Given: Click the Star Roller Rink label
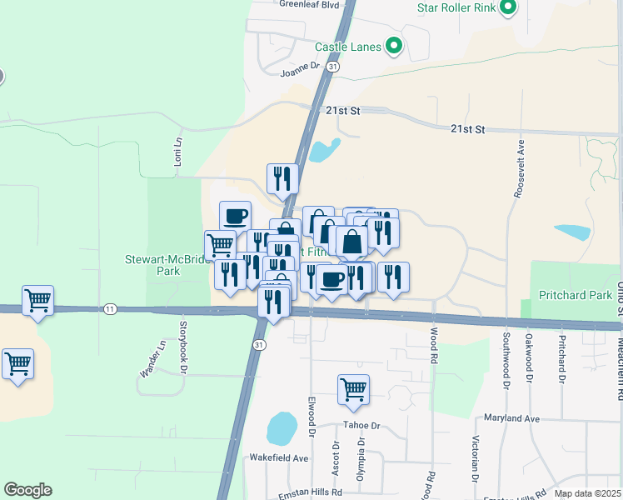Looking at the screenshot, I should coord(456,9).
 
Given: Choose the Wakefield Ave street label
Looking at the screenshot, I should coord(279,458).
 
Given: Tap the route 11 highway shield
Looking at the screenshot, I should coord(110,309).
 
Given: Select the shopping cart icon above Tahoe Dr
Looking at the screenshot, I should coord(354,389).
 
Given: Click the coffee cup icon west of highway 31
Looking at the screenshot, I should coord(235,216).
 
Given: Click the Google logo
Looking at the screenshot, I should coord(27,490).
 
